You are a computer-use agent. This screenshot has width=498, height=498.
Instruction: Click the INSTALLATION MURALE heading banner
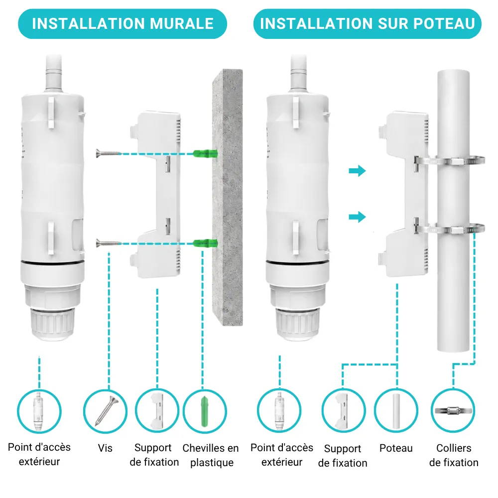(123, 24)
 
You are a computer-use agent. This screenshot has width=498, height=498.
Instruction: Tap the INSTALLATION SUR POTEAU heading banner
(367, 24)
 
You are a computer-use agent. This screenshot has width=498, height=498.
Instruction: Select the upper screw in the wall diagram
(108, 154)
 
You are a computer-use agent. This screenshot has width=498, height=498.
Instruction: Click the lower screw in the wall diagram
(108, 244)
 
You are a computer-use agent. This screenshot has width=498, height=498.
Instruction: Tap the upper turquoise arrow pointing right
(357, 171)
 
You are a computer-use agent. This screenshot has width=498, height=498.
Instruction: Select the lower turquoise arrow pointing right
(357, 217)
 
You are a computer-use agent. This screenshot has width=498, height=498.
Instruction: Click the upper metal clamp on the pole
(449, 161)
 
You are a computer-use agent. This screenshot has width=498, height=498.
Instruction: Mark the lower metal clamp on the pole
(449, 229)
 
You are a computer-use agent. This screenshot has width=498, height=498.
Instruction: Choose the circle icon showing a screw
(105, 411)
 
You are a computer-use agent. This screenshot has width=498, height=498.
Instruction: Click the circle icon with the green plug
(205, 411)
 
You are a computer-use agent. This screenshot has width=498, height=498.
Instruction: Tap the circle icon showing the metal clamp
(453, 411)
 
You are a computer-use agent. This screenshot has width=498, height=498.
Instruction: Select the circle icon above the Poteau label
(396, 411)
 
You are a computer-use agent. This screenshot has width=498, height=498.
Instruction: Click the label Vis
(105, 448)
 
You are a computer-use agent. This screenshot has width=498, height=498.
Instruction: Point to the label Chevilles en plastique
(211, 455)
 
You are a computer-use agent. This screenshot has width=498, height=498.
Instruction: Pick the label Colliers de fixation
(454, 455)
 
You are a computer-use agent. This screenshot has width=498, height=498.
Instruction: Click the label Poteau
(396, 448)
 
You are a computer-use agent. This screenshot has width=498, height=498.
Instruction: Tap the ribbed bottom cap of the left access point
(52, 324)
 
